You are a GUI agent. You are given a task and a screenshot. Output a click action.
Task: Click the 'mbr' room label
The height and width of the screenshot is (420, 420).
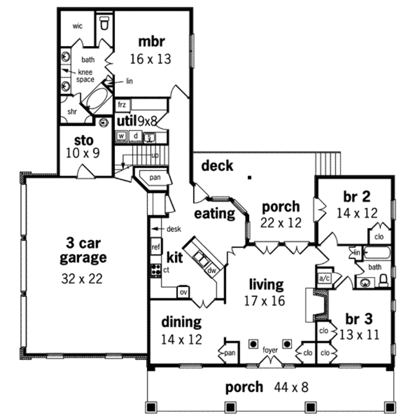(x=151, y=41)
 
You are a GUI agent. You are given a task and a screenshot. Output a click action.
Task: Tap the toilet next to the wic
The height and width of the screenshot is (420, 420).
(x=105, y=23)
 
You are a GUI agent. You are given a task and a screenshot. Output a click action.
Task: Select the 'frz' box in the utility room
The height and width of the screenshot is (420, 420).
(x=121, y=105)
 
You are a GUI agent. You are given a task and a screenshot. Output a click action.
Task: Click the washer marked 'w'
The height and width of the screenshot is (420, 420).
(x=121, y=136)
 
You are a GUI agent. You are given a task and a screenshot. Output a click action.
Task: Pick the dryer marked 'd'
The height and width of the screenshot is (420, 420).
(x=135, y=136)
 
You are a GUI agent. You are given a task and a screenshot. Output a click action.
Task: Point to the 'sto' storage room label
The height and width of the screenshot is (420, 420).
(x=84, y=140)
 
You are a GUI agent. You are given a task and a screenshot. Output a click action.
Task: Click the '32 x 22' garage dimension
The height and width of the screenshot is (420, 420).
(x=82, y=279)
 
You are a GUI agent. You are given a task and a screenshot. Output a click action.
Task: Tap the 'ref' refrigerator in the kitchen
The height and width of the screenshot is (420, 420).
(x=155, y=247)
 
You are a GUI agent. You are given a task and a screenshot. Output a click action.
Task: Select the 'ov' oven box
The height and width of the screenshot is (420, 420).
(x=183, y=292)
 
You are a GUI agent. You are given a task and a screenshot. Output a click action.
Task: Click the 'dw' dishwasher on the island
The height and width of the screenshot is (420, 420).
(x=212, y=270)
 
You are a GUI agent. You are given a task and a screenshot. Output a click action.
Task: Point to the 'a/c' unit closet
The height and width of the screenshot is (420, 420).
(x=324, y=278)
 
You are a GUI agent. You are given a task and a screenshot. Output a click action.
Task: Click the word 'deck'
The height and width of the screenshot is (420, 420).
(x=217, y=166)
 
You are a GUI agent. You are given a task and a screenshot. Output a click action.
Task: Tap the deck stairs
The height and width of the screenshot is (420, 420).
(x=328, y=163)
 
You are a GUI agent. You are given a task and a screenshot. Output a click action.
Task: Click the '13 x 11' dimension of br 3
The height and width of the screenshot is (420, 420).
(x=358, y=335)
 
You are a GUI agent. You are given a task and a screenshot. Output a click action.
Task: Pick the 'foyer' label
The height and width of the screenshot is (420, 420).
(x=270, y=350)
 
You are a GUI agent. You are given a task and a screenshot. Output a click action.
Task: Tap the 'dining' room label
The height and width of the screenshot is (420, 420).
(x=181, y=322)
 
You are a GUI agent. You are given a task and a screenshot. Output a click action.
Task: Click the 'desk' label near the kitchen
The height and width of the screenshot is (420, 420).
(x=174, y=229)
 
